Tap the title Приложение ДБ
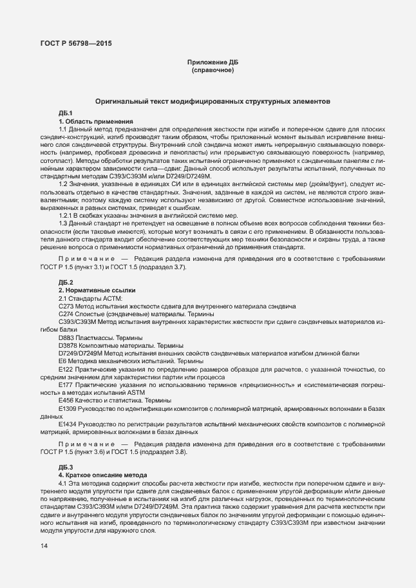(x=213, y=62)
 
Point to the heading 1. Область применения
(x=96, y=121)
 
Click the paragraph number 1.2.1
(x=67, y=215)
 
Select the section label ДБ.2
(x=66, y=283)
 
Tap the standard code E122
(x=67, y=370)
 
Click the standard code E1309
(x=69, y=409)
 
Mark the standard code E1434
(x=69, y=424)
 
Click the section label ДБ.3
(x=66, y=466)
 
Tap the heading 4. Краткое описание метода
(x=104, y=474)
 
